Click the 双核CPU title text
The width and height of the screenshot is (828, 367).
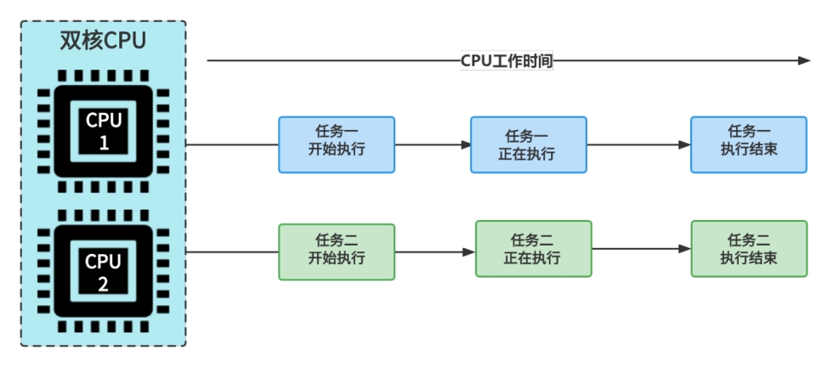[x=102, y=41]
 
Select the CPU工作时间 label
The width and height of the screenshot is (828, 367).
[x=507, y=61]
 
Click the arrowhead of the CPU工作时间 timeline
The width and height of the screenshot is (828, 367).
[x=804, y=61]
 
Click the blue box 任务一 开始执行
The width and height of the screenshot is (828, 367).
[x=337, y=144]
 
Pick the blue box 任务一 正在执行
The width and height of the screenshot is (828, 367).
[x=528, y=144]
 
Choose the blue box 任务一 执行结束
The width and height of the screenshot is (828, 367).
[x=748, y=144]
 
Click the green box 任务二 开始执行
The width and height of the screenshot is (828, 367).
[x=337, y=251]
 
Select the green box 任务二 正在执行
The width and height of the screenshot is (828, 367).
[x=532, y=248]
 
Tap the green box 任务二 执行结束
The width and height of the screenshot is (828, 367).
[x=748, y=248]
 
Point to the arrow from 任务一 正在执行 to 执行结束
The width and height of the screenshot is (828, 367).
[x=638, y=144]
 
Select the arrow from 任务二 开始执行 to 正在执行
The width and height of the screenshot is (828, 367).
[x=434, y=251]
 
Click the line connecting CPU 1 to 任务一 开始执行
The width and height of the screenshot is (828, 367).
[x=231, y=144]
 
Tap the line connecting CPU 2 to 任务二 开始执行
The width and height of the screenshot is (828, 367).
[x=231, y=251]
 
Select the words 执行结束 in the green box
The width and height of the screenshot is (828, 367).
[x=748, y=257]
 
